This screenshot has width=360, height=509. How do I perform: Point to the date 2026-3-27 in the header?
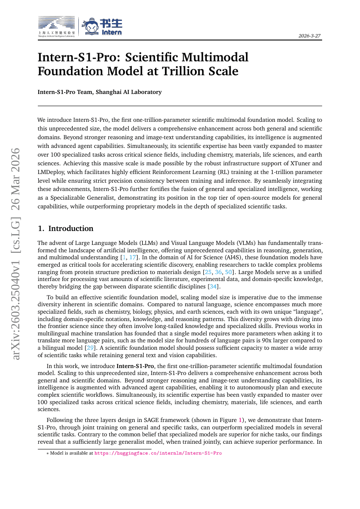click(310, 36)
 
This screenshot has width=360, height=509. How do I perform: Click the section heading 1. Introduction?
click(65, 228)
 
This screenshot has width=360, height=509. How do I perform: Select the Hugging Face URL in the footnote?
click(158, 453)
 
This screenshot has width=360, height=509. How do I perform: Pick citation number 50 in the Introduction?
click(228, 272)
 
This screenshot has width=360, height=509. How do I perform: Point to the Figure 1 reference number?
click(240, 420)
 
